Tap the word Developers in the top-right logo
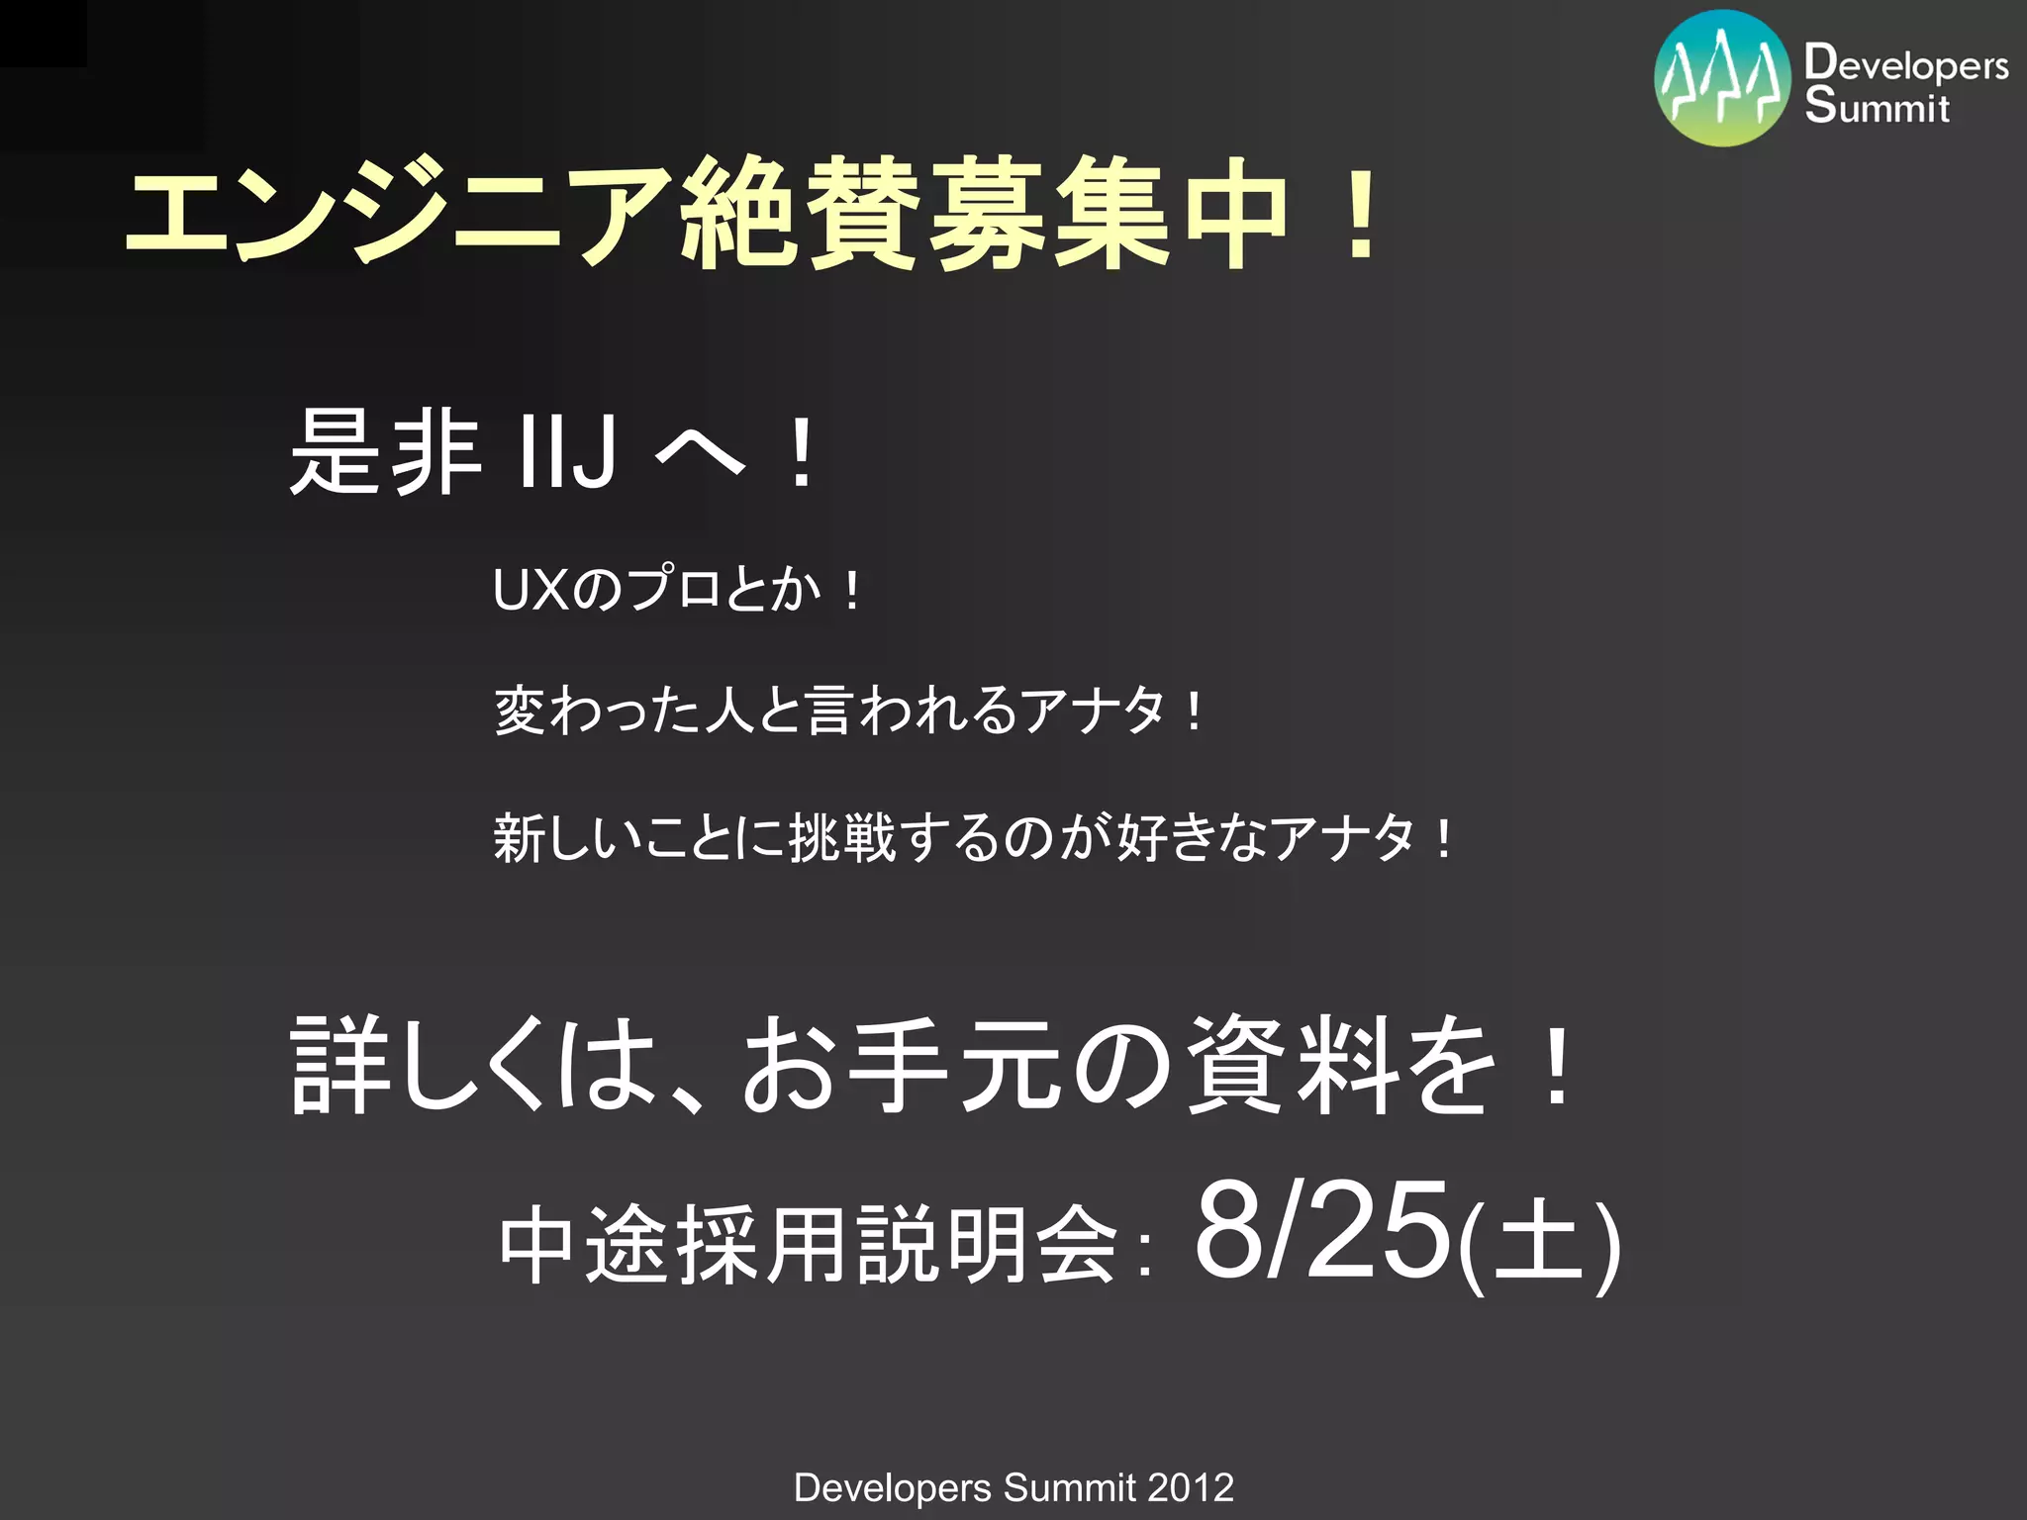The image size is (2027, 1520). tap(1906, 64)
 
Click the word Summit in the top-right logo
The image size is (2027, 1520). tap(1877, 106)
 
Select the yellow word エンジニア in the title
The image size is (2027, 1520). tap(396, 213)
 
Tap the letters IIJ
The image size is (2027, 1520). tap(567, 452)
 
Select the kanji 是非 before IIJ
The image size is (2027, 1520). tap(386, 452)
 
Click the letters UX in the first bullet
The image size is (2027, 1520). tap(531, 591)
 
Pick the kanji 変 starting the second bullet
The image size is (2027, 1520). tap(520, 711)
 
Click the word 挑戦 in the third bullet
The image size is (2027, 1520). tap(841, 837)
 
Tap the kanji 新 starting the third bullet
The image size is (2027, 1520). tap(520, 837)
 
